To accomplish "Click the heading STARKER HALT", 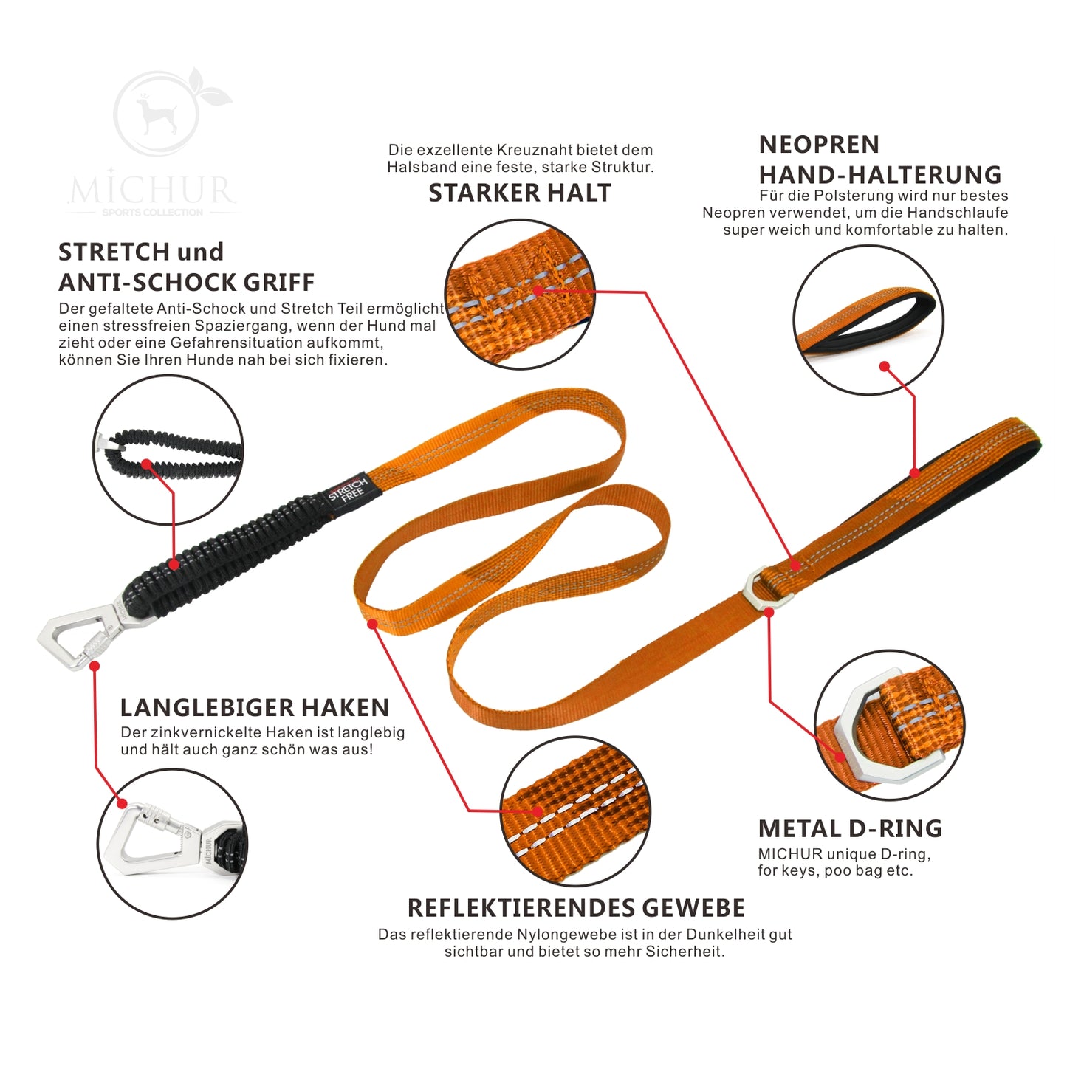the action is [x=519, y=193].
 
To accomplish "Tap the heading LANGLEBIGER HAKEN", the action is [x=255, y=708].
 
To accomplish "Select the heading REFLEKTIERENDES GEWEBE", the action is [x=576, y=908].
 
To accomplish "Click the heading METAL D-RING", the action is [x=850, y=829].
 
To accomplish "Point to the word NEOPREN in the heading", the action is [x=819, y=145].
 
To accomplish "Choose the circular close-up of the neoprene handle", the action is [x=868, y=320].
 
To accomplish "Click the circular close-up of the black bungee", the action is [x=168, y=450].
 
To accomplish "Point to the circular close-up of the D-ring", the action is [x=890, y=726].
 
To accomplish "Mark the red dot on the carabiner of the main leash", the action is [x=95, y=665].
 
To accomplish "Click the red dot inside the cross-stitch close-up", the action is [x=538, y=290].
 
